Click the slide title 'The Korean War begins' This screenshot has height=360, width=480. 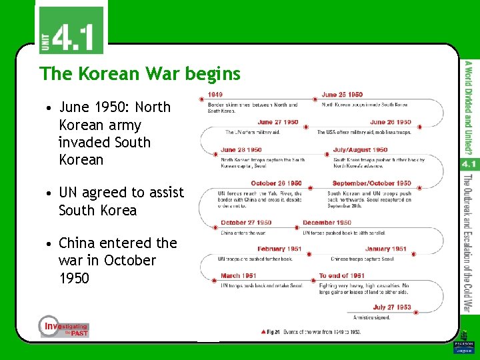click(139, 73)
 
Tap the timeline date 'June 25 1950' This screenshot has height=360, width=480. click(342, 95)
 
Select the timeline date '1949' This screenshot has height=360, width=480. click(215, 95)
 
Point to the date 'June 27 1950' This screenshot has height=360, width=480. click(278, 122)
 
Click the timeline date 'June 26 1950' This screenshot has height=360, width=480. click(390, 122)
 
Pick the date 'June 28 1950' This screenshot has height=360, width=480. click(241, 150)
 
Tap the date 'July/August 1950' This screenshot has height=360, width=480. click(360, 150)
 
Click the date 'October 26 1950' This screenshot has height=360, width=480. click(276, 183)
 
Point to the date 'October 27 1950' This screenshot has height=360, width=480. click(246, 223)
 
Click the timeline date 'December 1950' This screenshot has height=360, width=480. click(327, 223)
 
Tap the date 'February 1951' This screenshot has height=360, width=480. click(279, 249)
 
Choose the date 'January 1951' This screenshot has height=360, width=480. click(385, 249)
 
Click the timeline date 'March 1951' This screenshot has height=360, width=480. click(239, 275)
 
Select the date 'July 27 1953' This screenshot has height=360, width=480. click(392, 307)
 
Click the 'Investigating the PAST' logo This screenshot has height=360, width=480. click(63, 327)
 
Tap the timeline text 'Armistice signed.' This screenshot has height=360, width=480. click(371, 317)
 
